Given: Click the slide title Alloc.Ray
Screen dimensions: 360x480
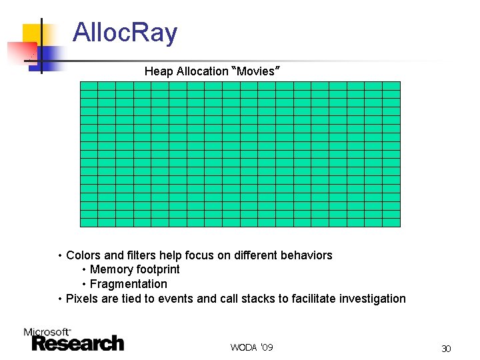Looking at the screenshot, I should [125, 33].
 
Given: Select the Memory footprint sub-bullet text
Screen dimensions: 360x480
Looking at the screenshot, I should [135, 269].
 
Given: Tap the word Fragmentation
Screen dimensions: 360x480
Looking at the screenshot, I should [129, 284].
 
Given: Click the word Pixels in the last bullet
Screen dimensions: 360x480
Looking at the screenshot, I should [81, 299].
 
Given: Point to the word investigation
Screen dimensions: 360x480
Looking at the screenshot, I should [372, 299].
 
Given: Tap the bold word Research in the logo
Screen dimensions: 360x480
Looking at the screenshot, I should [78, 343].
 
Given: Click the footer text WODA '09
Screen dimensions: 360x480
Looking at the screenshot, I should [251, 347].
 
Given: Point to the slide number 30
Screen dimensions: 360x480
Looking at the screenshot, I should [446, 349].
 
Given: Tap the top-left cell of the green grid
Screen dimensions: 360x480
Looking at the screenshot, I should [89, 85].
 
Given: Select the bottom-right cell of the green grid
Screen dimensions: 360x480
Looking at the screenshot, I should [391, 223].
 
